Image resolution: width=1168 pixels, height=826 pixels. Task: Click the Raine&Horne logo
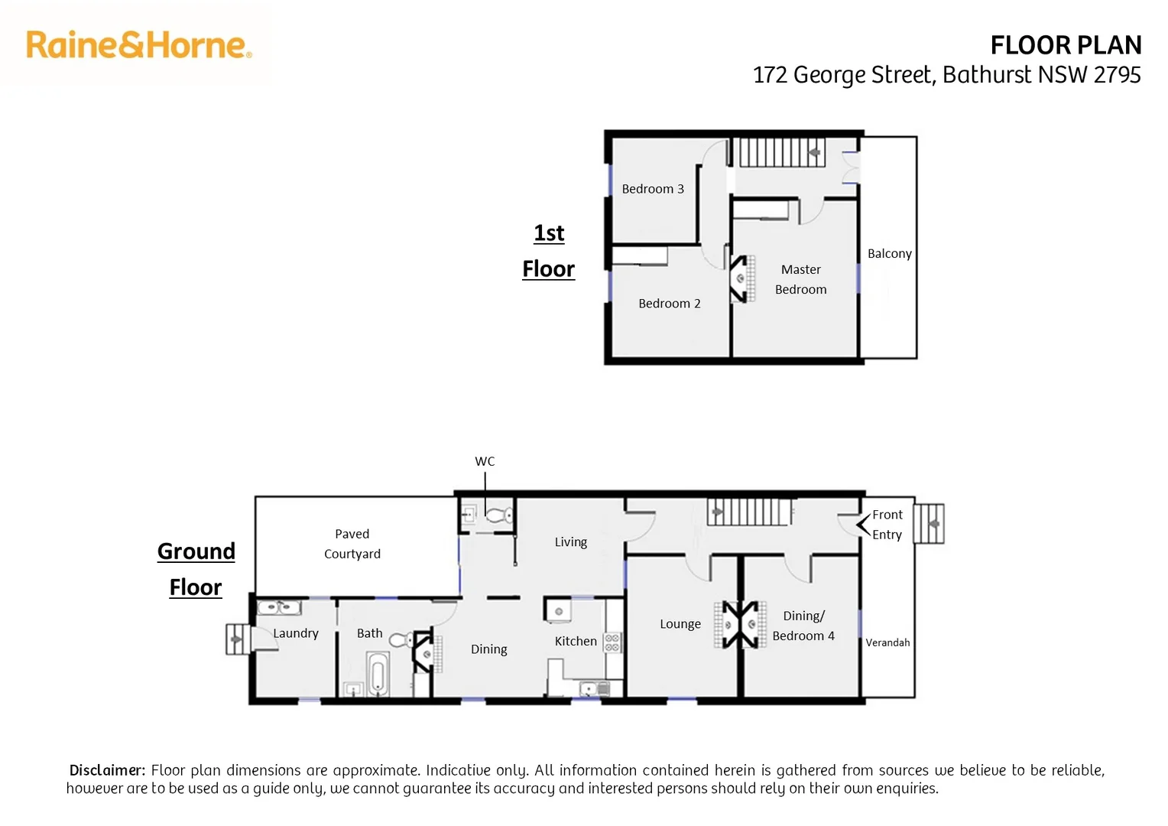(x=138, y=45)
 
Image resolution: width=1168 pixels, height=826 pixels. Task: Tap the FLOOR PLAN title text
(x=1066, y=46)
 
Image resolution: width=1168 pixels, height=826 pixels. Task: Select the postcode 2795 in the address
(x=1117, y=75)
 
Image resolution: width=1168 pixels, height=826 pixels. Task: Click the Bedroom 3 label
(x=653, y=189)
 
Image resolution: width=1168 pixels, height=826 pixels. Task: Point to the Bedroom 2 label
(x=669, y=304)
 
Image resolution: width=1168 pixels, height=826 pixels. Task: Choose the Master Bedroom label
(x=800, y=279)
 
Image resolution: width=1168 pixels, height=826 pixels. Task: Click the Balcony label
(x=889, y=253)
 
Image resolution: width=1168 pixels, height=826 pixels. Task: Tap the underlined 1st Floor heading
(x=549, y=251)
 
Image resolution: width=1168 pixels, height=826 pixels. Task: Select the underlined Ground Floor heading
(x=196, y=569)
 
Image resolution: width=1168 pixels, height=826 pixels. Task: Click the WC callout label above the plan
(x=485, y=461)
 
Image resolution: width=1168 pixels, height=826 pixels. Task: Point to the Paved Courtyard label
(x=352, y=544)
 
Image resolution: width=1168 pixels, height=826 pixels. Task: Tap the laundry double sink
(x=279, y=608)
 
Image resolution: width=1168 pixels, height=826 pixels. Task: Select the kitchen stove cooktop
(x=612, y=642)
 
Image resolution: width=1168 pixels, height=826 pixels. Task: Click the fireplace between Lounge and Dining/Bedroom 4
(x=740, y=624)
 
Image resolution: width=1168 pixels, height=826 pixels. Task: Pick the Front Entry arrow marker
(x=863, y=525)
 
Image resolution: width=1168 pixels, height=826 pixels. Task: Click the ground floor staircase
(x=749, y=512)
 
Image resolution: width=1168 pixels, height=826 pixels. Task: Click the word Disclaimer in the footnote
(x=106, y=770)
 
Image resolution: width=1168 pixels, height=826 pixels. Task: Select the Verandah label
(x=887, y=642)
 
